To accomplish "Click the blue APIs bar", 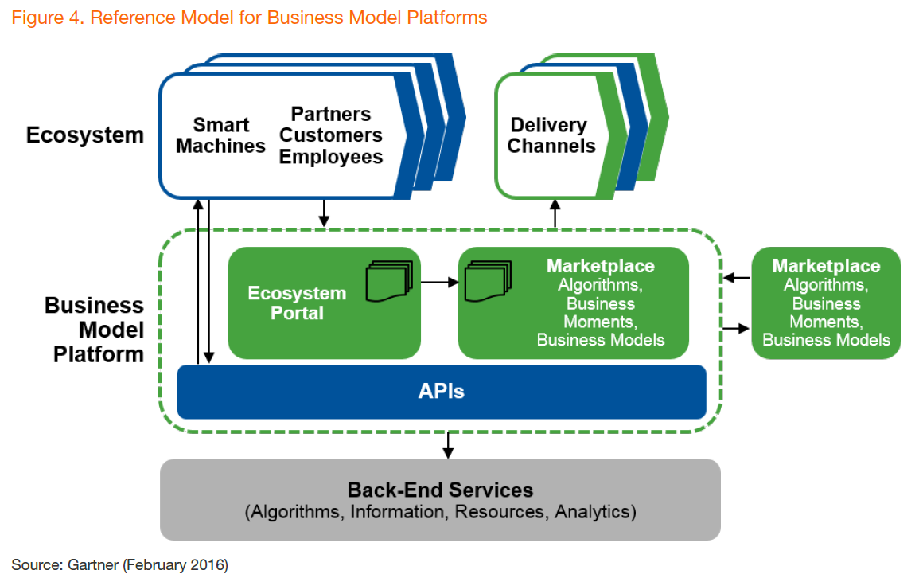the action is (x=442, y=392).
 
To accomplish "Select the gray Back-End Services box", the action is (x=440, y=500).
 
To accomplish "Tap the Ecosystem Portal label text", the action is (x=297, y=303).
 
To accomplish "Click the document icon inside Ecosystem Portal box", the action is (x=389, y=281).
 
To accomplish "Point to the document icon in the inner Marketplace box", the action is (x=488, y=281).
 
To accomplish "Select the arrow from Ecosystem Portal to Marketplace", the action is (x=439, y=283).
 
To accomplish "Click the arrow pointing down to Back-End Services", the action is (x=449, y=446).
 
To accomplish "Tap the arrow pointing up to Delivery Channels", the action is (x=555, y=213).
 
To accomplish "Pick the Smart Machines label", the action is (x=221, y=135).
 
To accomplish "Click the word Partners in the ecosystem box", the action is (x=331, y=114).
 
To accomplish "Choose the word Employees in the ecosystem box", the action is (x=331, y=157).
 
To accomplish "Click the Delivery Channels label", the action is (x=551, y=135).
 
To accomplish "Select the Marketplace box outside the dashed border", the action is (x=827, y=303).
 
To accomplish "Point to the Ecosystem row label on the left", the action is (x=85, y=135).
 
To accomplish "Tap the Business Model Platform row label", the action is (x=95, y=330).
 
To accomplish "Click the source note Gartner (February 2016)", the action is (x=119, y=564).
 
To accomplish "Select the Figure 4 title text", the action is (x=250, y=18).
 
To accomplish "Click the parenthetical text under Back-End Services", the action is (x=440, y=512).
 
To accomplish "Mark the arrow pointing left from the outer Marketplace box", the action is (x=737, y=277).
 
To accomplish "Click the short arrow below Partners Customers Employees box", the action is (x=324, y=213).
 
